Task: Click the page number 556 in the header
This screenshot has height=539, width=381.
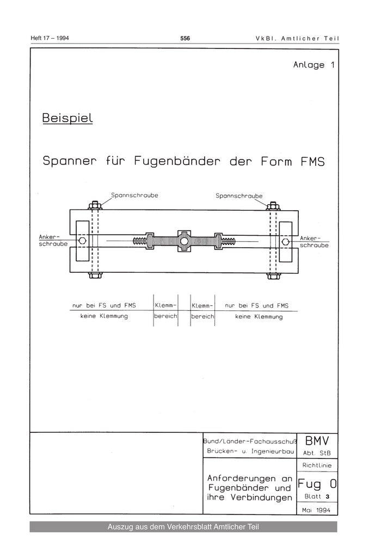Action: coord(185,38)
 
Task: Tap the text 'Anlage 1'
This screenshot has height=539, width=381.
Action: coord(313,65)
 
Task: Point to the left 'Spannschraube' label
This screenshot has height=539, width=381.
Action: coord(134,195)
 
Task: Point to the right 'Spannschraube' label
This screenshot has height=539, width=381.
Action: coord(239,195)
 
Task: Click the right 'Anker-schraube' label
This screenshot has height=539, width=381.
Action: coord(315,242)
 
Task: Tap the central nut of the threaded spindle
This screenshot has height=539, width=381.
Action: coord(184,241)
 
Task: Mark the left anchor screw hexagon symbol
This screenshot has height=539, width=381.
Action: coord(83,241)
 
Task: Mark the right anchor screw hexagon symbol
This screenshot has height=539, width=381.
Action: coord(285,241)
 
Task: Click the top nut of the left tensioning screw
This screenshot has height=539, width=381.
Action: coord(95,206)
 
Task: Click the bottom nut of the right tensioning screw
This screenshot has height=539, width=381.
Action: coord(273,276)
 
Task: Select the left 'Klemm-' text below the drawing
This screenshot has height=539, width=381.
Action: coord(166,305)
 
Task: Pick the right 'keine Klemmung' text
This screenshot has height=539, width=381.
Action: coord(259,316)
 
